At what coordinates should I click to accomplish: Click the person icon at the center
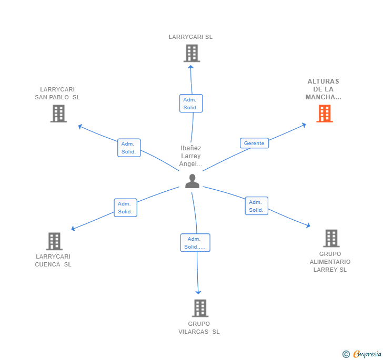(193, 181)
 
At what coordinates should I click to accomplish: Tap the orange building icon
(325, 114)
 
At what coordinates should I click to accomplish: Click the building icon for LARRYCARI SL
(191, 53)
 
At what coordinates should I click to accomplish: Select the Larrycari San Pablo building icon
(58, 114)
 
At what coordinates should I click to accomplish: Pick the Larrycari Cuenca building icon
(54, 241)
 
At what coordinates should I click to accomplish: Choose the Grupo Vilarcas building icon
(200, 308)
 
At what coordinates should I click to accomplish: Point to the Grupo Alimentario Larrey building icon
(331, 238)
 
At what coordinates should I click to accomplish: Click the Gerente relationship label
(255, 143)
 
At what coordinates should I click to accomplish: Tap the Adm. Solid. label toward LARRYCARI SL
(190, 104)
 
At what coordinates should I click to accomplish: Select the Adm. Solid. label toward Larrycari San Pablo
(128, 148)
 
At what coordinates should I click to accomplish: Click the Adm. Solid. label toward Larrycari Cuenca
(125, 208)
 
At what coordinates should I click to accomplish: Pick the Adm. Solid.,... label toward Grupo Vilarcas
(195, 243)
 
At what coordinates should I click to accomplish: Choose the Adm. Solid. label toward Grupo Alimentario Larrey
(256, 205)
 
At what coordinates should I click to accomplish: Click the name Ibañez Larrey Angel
(190, 156)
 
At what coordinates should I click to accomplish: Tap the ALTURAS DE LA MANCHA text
(324, 89)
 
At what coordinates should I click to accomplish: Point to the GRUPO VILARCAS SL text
(199, 328)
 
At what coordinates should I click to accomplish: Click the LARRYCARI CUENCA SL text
(53, 261)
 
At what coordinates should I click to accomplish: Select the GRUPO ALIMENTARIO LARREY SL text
(330, 262)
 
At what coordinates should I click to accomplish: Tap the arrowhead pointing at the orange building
(304, 125)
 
